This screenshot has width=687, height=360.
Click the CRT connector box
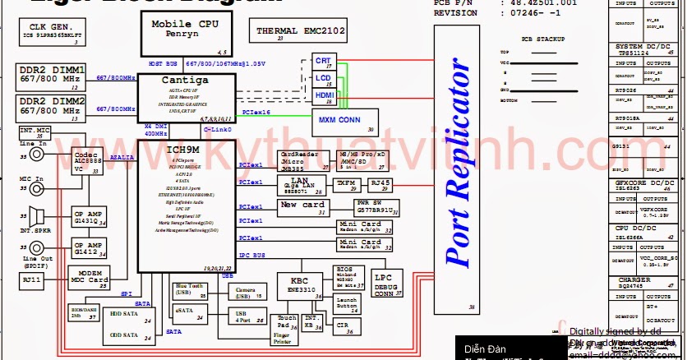[323, 62]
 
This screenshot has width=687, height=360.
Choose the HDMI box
[323, 97]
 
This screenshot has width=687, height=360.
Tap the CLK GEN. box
[54, 34]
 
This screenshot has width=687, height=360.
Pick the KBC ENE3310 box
[297, 285]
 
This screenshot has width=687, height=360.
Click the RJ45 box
[380, 183]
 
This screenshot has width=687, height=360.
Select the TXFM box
[346, 183]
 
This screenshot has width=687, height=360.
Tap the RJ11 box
[32, 279]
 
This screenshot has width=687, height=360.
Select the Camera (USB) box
[246, 292]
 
